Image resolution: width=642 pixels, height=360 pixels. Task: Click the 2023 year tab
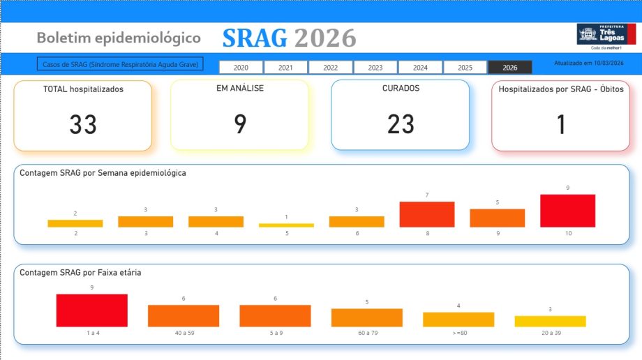click(375, 68)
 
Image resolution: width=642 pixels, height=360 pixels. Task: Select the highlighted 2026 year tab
click(509, 68)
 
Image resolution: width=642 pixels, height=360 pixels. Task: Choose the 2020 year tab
click(241, 68)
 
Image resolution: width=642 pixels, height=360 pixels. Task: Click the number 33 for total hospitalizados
click(82, 125)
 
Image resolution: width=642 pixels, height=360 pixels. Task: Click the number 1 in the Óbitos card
click(561, 125)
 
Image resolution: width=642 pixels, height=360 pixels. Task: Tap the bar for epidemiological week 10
click(567, 211)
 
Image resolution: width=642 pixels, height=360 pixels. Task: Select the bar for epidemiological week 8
click(427, 214)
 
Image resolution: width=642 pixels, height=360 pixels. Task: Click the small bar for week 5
click(286, 225)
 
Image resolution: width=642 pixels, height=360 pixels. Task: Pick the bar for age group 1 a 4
click(91, 310)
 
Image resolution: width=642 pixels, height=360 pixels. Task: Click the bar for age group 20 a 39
click(550, 321)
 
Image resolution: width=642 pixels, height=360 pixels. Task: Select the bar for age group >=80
click(458, 320)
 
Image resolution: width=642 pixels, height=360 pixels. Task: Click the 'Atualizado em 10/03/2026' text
click(588, 63)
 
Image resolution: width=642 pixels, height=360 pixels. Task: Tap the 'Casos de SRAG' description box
click(120, 64)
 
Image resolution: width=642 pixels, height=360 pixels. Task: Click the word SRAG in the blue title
click(255, 38)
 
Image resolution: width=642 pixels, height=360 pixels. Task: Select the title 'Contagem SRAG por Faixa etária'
click(80, 273)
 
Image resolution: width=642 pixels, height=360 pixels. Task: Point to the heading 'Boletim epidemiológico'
click(119, 38)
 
